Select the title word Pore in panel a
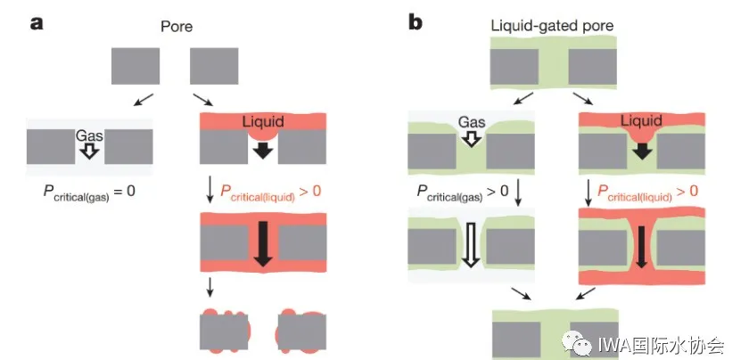[176, 28]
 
